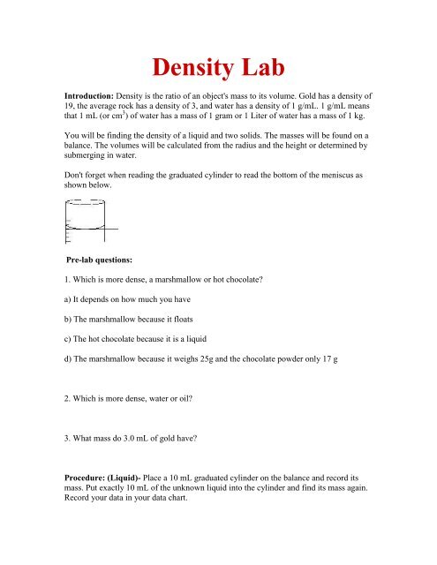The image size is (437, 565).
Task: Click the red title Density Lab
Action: (x=218, y=68)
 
